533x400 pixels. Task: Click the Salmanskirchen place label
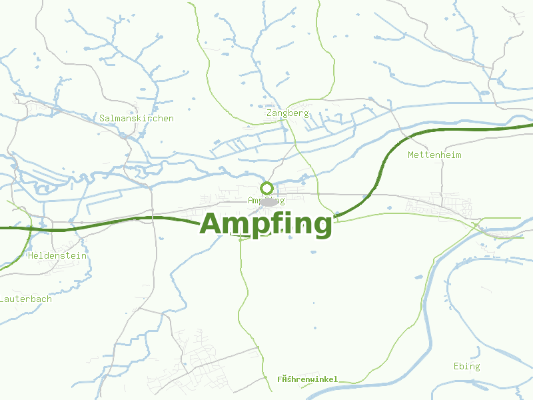[137, 119]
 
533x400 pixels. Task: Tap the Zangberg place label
[288, 113]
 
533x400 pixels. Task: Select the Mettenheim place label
[434, 155]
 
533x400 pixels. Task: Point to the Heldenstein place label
[57, 255]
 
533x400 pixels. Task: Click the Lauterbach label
[27, 299]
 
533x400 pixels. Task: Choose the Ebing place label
[466, 366]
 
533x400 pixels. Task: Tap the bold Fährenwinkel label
[308, 379]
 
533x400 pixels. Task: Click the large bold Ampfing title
[266, 224]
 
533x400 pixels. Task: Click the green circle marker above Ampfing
[266, 187]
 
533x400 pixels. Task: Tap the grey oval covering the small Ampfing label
[269, 201]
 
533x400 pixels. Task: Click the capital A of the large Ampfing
[213, 224]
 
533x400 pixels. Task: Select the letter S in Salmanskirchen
[102, 119]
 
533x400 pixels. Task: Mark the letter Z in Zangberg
[269, 113]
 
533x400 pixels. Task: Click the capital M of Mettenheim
[411, 155]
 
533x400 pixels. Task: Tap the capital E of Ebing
[456, 366]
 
